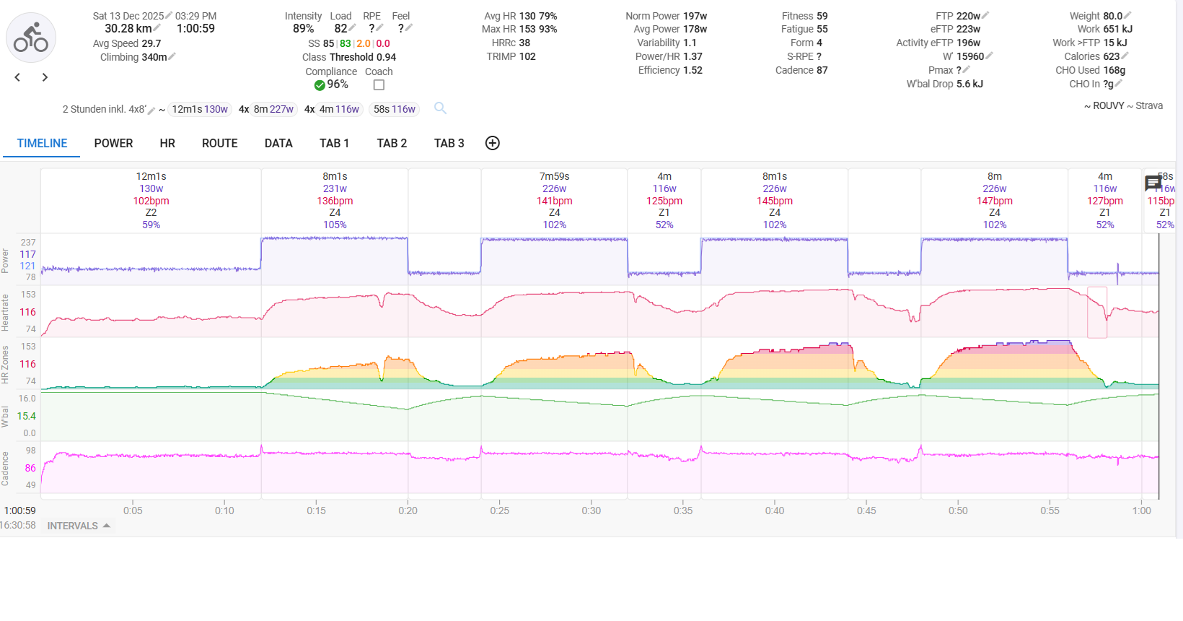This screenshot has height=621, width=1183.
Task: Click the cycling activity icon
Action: [31, 38]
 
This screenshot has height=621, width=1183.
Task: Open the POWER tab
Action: [113, 143]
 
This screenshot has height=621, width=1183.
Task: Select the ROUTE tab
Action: [219, 143]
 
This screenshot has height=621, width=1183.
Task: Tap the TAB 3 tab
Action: [449, 143]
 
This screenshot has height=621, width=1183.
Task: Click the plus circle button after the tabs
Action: [493, 143]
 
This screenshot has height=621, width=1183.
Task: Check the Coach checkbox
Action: [379, 85]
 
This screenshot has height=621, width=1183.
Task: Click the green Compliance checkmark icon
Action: [320, 85]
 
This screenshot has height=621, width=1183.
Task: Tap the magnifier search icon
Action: [440, 108]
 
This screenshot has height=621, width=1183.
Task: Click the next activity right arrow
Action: [45, 77]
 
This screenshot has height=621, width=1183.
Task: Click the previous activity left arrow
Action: [17, 77]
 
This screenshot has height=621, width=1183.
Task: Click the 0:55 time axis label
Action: [1050, 511]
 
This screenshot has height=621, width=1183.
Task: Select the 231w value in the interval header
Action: [335, 188]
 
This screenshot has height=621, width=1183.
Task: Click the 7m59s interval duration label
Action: [554, 176]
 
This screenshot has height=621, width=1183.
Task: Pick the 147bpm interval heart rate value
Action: [994, 201]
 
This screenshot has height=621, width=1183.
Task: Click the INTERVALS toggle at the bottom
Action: [78, 526]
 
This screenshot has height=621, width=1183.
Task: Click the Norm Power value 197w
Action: [695, 16]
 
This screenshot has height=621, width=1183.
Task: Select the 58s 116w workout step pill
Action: [394, 109]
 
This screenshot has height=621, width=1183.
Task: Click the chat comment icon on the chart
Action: [1153, 183]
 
